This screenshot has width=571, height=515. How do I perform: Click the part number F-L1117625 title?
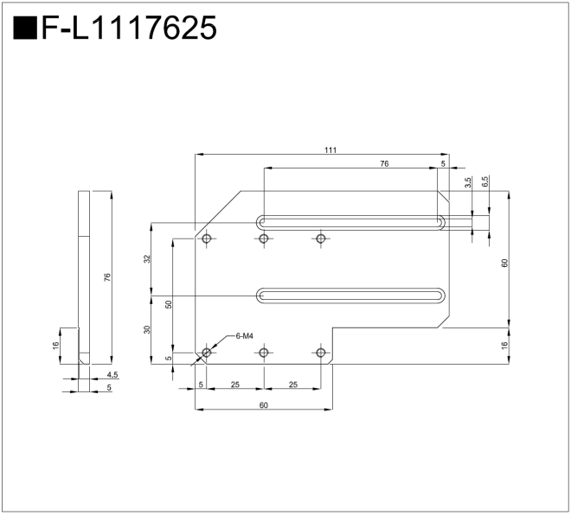click(129, 28)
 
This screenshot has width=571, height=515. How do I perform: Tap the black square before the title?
click(25, 28)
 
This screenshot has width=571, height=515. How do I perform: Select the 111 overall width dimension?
click(330, 149)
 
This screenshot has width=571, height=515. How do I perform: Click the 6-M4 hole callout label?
click(244, 336)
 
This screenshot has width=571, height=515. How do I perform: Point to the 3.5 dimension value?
click(468, 181)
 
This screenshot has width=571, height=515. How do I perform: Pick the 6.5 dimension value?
click(484, 181)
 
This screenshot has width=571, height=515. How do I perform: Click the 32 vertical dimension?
click(147, 259)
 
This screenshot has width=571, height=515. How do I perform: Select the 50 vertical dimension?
click(168, 304)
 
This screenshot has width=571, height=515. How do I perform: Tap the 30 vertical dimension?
click(147, 329)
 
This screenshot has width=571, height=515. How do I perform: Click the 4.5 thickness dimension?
click(112, 375)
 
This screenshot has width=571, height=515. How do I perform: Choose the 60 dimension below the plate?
click(264, 405)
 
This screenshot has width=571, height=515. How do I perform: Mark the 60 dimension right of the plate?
click(504, 263)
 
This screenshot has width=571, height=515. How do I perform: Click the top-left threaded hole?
click(207, 238)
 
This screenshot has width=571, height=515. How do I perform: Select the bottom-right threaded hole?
click(321, 353)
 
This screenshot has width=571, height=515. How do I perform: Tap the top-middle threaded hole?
click(264, 238)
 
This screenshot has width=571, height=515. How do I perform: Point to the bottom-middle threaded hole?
click(264, 353)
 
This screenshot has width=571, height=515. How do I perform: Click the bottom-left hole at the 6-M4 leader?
click(207, 353)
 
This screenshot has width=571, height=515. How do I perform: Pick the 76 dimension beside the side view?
click(106, 277)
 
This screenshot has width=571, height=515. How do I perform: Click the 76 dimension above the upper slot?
click(384, 163)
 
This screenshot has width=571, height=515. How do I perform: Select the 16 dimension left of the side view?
click(55, 345)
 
